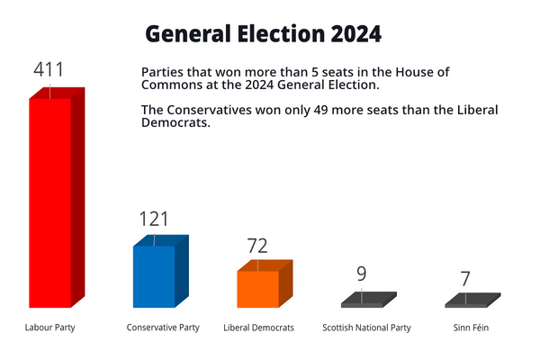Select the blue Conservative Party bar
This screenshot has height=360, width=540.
click(x=154, y=277)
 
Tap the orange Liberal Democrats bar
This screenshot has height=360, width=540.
click(x=258, y=289)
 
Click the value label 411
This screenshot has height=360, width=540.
click(x=49, y=70)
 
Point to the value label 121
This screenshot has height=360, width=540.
click(x=154, y=219)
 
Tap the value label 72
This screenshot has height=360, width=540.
click(x=258, y=246)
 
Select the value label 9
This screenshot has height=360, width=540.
click(x=361, y=274)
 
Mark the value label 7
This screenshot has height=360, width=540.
click(x=465, y=278)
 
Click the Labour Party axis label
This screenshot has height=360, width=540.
click(x=49, y=328)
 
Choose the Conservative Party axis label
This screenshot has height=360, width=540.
click(x=163, y=328)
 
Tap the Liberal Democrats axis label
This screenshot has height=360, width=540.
click(x=258, y=328)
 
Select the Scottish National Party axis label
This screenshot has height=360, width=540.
click(x=366, y=328)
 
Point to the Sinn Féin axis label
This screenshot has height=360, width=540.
click(x=471, y=328)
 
